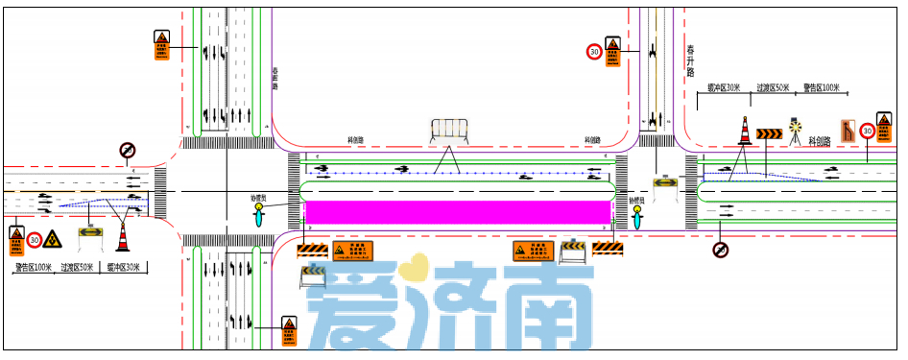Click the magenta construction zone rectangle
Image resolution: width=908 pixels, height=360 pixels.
pos(458,212)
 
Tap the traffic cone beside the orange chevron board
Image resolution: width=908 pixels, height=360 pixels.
pos(744,131)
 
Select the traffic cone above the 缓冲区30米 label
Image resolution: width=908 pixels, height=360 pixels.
pos(122,235)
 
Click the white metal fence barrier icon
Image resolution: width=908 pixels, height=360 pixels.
pos(448,132)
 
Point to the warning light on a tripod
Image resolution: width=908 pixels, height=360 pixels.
pos(795,131)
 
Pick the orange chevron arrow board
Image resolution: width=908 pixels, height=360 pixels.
pos(769,133)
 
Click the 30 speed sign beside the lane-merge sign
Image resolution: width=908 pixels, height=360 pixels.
pos(867,131)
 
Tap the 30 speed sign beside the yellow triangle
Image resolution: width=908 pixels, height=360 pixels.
pos(35,240)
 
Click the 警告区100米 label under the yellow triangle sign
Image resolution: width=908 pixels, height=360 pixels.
pos(34,268)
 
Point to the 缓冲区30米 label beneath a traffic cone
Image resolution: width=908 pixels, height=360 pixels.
pos(123,268)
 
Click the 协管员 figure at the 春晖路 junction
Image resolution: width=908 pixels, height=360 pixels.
pos(257,212)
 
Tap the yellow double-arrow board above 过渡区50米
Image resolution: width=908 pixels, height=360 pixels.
pos(91,231)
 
